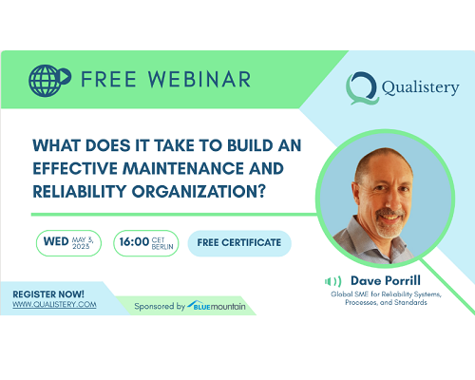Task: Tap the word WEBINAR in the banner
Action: coord(199,80)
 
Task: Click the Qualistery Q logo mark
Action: coord(362,88)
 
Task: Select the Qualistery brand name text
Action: coord(420,87)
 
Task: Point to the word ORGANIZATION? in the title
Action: coord(199,192)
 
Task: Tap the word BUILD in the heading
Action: coord(250,145)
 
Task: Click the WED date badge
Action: coord(68,243)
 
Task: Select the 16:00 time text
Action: coord(134,242)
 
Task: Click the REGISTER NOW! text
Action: coord(48,294)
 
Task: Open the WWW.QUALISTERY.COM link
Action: coord(54,305)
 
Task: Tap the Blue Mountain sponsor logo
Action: coord(217,306)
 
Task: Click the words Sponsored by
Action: coord(160,307)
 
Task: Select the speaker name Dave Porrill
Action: coord(386,281)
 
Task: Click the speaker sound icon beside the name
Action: coord(332,281)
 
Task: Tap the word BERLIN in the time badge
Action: coord(162,247)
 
